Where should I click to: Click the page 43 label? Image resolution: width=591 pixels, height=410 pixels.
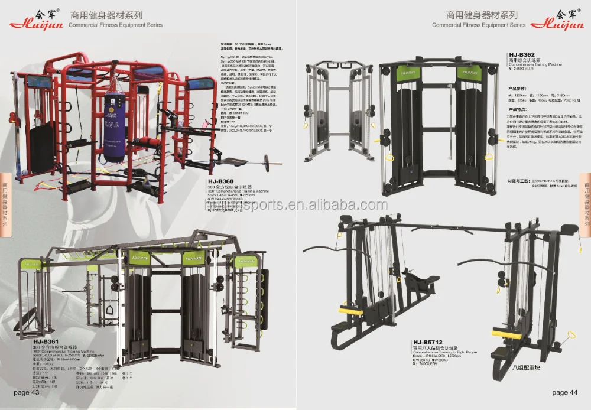click(x=26, y=392)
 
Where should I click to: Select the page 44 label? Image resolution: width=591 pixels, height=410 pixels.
click(x=565, y=392)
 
